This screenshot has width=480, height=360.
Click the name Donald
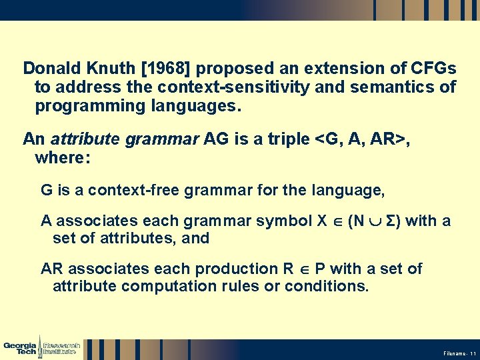[x=50, y=68]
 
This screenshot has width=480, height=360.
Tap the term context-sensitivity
[x=253, y=87]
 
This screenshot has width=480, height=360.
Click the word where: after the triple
[x=62, y=159]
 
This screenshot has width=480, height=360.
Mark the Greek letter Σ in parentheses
[x=393, y=221]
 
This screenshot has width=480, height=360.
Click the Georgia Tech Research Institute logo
[x=41, y=347]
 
